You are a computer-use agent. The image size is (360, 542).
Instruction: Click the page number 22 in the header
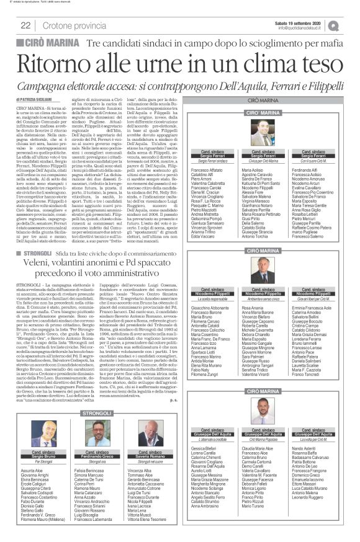click(26, 25)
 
